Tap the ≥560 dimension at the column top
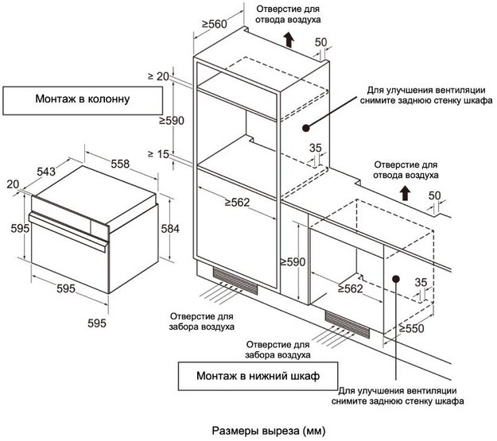pyautogui.click(x=214, y=25)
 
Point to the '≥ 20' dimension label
pyautogui.click(x=159, y=76)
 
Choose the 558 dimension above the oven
pyautogui.click(x=120, y=163)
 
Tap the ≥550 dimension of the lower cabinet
pyautogui.click(x=411, y=327)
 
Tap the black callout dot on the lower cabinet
pyautogui.click(x=396, y=278)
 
